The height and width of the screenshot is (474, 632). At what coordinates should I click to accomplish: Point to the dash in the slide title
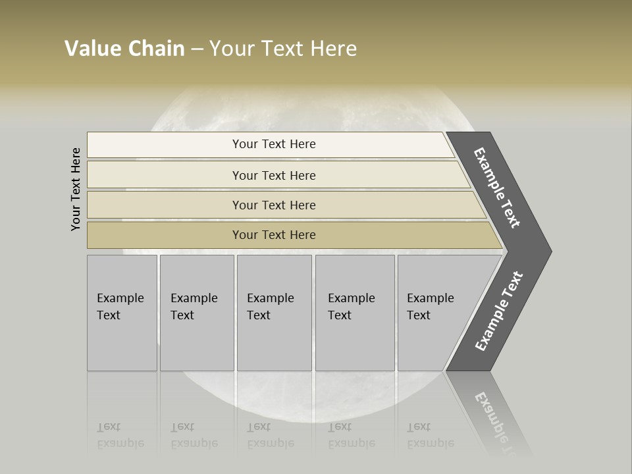(x=197, y=49)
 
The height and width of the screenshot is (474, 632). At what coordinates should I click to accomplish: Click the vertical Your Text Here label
(x=76, y=189)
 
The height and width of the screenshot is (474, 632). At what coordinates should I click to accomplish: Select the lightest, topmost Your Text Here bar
(x=274, y=144)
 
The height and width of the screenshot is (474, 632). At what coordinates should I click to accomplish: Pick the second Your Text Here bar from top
(x=274, y=175)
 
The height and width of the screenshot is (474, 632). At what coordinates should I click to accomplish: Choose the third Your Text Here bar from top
(x=274, y=205)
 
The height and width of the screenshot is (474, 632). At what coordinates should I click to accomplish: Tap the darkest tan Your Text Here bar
(x=274, y=235)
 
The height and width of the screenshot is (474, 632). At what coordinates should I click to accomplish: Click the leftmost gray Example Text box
(x=122, y=313)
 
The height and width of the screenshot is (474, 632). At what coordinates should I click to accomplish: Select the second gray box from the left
(x=196, y=313)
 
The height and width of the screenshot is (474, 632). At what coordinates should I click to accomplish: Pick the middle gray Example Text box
(x=274, y=313)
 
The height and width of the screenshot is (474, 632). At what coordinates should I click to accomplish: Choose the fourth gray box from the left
(x=355, y=313)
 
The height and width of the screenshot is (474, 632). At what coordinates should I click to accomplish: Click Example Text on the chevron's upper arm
(x=497, y=188)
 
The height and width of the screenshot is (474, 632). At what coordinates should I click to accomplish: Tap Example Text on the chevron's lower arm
(x=498, y=311)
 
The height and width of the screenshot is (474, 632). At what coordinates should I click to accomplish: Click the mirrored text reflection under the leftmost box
(x=120, y=435)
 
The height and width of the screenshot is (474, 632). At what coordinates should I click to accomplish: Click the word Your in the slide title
(x=229, y=49)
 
